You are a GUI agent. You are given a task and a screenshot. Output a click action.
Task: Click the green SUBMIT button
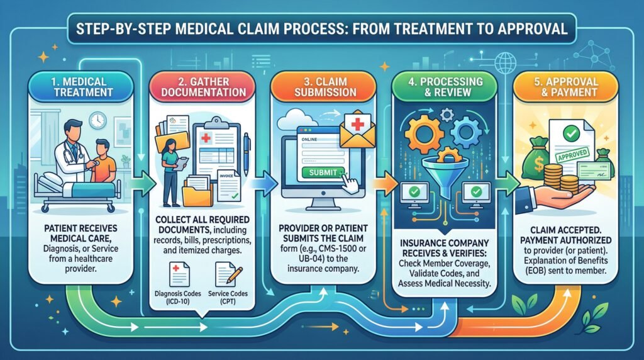tap(321, 172)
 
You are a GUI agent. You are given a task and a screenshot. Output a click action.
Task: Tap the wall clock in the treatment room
tap(97, 120)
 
